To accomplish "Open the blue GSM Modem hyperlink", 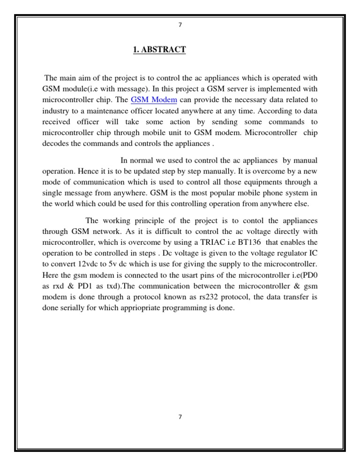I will click(x=154, y=99).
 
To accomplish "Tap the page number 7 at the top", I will click(x=180, y=25).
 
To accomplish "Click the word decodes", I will click(x=57, y=143).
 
